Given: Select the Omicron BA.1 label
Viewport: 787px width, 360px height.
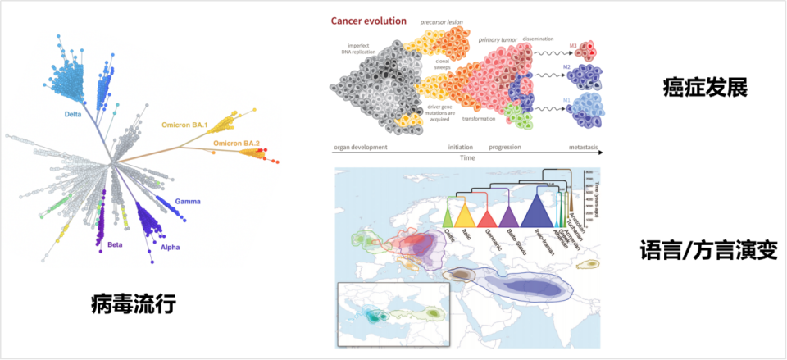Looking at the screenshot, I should (x=185, y=125).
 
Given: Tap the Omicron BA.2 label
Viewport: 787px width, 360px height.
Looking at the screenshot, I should (x=237, y=144).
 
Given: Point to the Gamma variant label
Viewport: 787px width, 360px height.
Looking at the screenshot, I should (x=189, y=201).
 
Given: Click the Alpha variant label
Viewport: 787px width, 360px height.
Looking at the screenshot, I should (x=170, y=247).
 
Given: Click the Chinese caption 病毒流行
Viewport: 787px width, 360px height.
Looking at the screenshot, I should (x=134, y=305).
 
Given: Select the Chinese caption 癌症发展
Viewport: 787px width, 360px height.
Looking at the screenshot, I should (x=705, y=87).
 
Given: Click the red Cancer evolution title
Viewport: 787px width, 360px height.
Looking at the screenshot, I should (x=369, y=21).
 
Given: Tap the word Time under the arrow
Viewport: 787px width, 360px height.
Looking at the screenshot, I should (x=467, y=157).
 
